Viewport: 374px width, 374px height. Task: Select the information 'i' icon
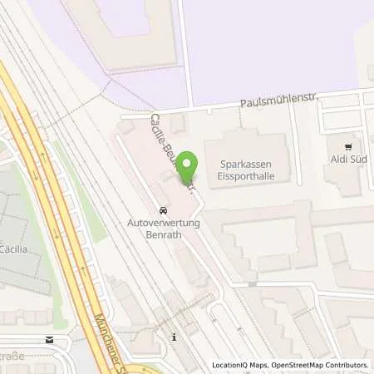(175, 337)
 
